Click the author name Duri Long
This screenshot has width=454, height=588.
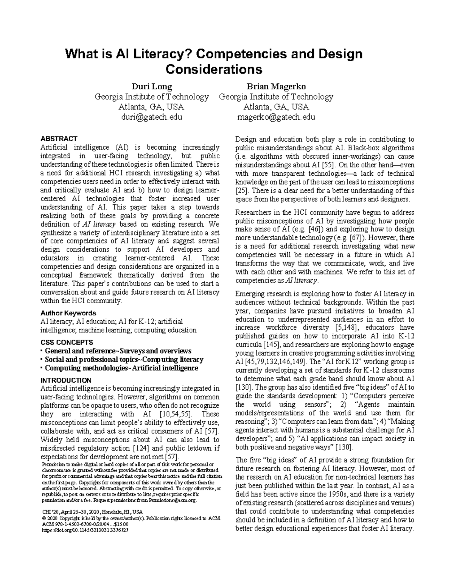point(151,86)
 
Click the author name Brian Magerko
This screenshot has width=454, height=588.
point(276,86)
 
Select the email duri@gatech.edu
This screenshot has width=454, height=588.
point(151,117)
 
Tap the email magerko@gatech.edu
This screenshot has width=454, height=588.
point(276,117)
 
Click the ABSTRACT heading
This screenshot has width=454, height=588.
point(59,139)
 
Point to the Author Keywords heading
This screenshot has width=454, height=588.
point(68,313)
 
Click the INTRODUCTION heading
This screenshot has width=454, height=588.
point(66,380)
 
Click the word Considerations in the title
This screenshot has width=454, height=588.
point(214,69)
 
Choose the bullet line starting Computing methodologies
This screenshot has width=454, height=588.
point(121,368)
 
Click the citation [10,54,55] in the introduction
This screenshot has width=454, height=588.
point(176,414)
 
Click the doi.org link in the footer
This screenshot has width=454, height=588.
point(84,530)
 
